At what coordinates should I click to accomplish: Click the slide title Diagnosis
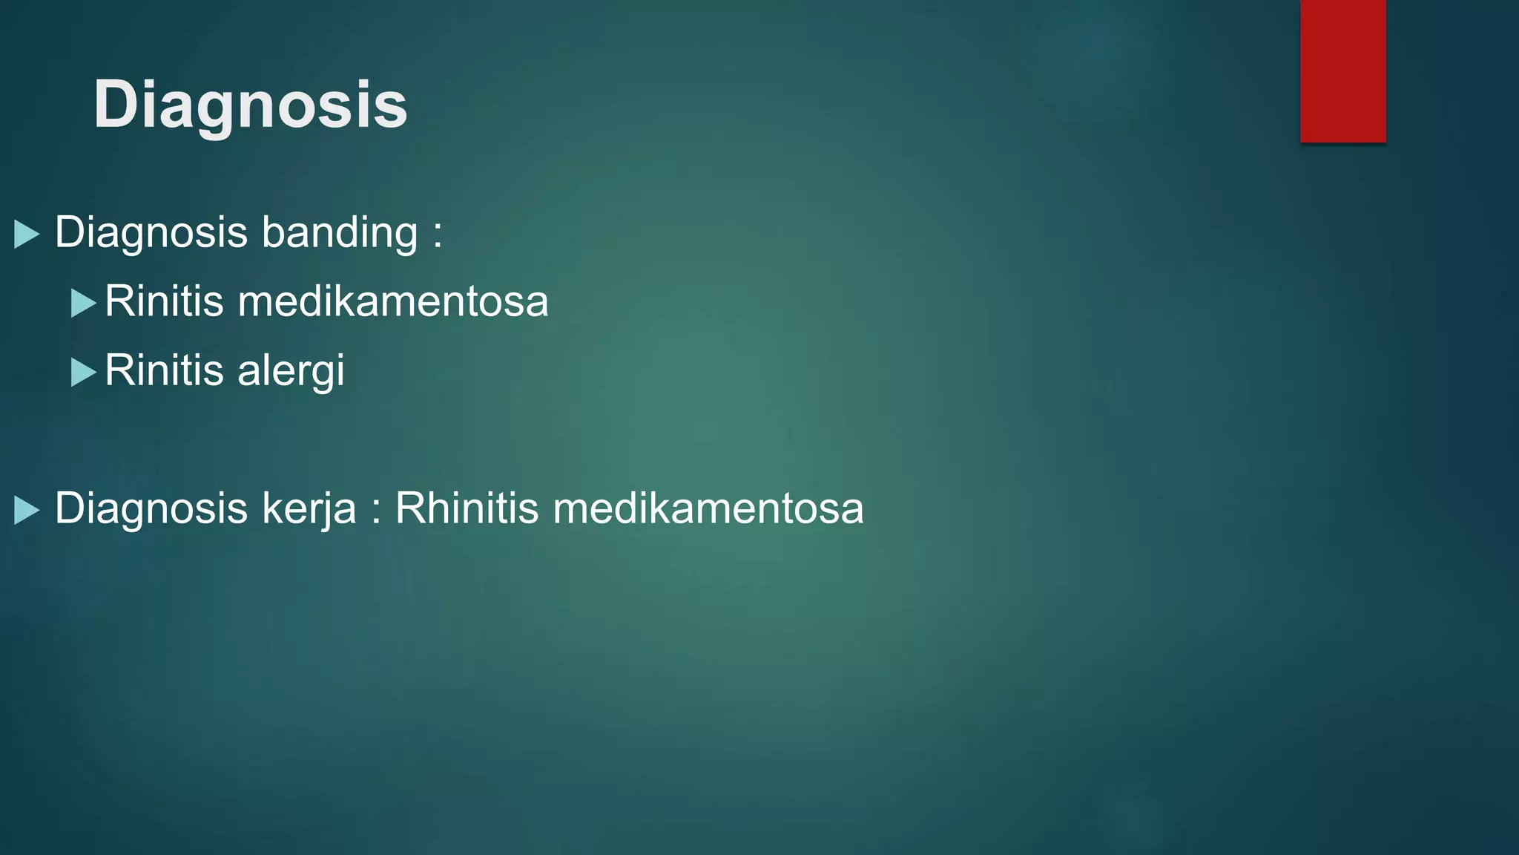pos(251,105)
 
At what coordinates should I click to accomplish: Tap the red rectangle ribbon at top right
pos(1342,71)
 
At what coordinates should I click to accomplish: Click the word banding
pos(339,233)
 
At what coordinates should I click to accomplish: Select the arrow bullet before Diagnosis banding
pos(26,234)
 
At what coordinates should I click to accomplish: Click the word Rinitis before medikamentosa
pos(164,301)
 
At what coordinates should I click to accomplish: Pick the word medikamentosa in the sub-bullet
pos(393,301)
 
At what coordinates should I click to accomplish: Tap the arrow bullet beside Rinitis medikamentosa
pos(83,303)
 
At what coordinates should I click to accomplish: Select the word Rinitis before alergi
pos(164,370)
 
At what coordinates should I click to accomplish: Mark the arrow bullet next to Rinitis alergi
pos(83,372)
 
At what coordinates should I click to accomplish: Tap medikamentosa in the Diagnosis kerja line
pos(708,509)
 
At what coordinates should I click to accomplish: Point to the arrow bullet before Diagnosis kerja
pos(26,510)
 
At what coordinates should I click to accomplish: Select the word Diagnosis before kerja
pos(151,509)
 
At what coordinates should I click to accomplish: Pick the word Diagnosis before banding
pos(151,233)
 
